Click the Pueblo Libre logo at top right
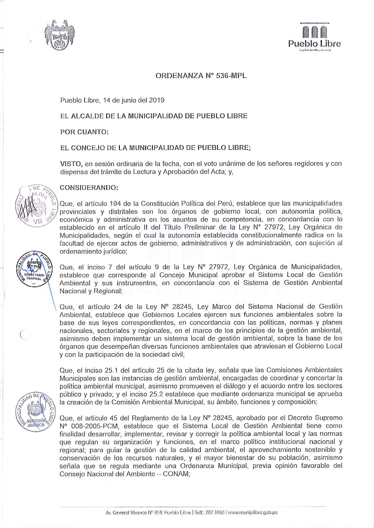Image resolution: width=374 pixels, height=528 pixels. (314, 37)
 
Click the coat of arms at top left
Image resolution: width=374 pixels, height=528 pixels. (60, 35)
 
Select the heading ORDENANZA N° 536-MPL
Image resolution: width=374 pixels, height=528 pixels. (200, 76)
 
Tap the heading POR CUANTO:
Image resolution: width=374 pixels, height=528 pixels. (84, 132)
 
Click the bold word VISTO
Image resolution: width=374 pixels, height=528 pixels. (71, 164)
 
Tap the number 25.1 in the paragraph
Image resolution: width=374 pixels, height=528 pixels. (99, 369)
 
